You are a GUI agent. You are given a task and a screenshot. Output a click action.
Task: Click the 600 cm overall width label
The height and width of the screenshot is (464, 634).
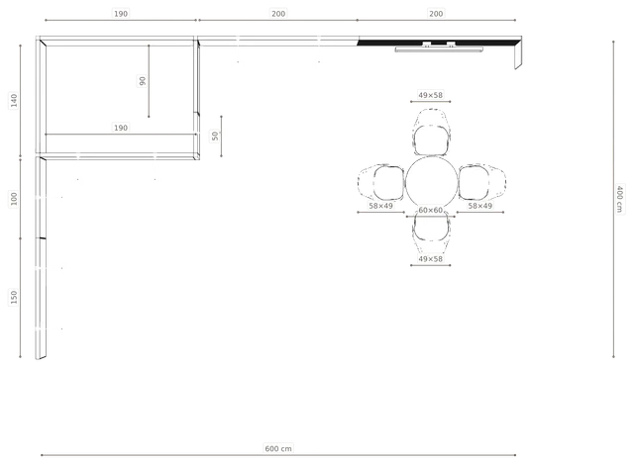278,448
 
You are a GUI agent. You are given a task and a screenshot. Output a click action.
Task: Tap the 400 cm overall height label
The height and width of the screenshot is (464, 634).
619,199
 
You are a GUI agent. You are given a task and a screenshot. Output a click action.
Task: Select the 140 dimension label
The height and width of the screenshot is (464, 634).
14,101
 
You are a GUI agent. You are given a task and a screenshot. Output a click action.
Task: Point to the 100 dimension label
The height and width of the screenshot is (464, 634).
14,199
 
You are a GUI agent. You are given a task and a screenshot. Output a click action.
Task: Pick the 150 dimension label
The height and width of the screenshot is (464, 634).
14,297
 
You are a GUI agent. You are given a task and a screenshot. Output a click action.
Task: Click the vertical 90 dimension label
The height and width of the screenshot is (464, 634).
142,81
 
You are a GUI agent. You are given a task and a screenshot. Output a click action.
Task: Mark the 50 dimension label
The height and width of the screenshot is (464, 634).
215,136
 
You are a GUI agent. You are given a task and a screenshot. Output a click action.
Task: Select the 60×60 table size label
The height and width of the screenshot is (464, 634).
430,210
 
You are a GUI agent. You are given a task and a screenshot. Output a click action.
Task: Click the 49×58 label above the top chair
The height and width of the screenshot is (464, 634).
430,95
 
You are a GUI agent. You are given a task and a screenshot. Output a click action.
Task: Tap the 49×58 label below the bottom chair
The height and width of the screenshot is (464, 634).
430,259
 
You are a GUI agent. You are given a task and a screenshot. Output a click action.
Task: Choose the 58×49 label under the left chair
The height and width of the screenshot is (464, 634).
380,206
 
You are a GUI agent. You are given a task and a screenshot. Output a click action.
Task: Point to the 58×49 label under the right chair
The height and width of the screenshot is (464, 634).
479,206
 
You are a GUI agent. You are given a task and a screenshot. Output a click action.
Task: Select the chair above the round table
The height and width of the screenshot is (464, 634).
432,132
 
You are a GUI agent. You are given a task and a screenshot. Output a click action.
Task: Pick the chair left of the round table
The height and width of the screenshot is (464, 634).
381,182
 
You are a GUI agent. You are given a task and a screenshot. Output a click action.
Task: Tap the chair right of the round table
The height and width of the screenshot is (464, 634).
482,182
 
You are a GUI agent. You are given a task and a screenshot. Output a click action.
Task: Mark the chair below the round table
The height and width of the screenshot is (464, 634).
431,232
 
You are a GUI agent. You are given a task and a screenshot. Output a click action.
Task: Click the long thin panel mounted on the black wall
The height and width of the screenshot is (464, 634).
439,49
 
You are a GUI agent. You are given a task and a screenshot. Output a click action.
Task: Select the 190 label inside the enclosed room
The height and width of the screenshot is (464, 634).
121,128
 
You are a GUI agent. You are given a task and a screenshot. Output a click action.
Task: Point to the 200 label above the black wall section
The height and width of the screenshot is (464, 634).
436,14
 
